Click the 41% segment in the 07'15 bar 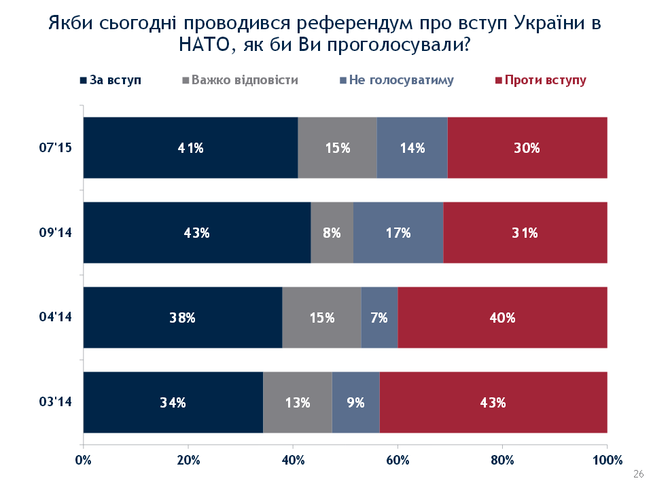190,147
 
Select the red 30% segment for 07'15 527,147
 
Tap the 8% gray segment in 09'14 332,232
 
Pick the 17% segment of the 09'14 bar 398,232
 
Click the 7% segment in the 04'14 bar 379,317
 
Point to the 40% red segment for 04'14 502,317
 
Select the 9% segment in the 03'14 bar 355,402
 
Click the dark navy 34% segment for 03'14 173,402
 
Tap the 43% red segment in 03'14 493,402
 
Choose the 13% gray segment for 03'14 297,402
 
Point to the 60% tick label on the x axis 398,460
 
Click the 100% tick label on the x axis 607,460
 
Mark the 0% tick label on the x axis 83,460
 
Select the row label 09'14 56,232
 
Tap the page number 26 637,473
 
